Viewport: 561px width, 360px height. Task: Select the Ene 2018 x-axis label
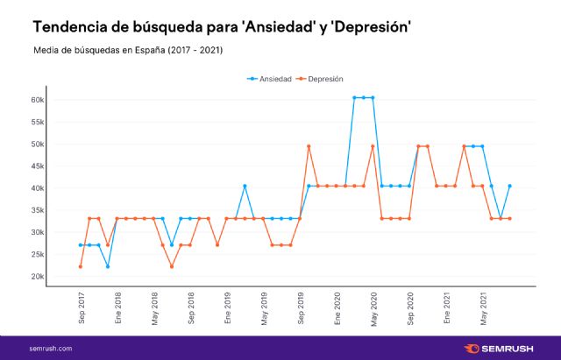point(117,311)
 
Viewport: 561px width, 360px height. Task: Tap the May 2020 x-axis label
point(373,311)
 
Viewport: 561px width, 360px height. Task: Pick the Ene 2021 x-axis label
point(446,311)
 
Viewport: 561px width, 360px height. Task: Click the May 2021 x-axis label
point(482,311)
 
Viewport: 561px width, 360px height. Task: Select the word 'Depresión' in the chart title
point(360,27)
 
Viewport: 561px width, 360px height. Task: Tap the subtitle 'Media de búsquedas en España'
point(96,50)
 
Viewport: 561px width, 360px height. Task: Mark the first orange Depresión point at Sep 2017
point(81,266)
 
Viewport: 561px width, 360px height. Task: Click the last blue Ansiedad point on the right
point(509,186)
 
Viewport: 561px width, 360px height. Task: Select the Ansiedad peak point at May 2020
point(373,97)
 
